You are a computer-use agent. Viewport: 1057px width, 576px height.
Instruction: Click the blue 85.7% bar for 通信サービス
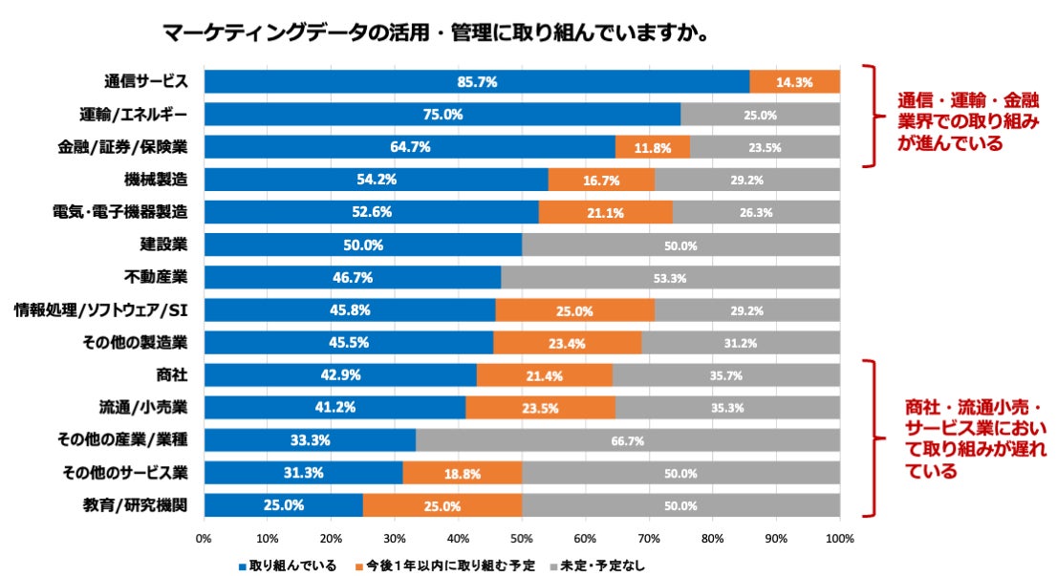click(476, 82)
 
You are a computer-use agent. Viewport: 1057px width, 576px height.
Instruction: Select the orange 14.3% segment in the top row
click(794, 82)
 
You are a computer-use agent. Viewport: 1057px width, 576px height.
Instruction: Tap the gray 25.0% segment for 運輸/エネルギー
click(760, 115)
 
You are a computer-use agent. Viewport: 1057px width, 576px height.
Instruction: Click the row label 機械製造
click(156, 180)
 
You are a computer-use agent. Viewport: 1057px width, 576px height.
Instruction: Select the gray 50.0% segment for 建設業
click(680, 245)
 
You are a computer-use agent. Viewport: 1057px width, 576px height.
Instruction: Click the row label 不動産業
click(156, 277)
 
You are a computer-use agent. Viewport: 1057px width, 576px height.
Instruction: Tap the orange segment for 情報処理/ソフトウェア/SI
click(574, 310)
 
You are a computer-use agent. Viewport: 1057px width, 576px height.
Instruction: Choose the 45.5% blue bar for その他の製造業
click(348, 343)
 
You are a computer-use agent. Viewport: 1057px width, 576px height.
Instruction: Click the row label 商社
click(171, 375)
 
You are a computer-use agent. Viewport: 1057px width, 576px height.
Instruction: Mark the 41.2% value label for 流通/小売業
click(335, 408)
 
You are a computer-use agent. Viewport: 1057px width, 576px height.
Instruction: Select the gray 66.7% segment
click(627, 440)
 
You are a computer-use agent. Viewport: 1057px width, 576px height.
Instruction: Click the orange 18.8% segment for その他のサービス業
click(462, 473)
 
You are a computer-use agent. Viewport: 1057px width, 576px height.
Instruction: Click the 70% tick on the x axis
click(649, 538)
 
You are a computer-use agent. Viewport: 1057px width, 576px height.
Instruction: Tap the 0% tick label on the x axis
click(204, 538)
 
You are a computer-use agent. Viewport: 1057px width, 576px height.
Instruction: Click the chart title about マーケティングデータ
click(434, 34)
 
